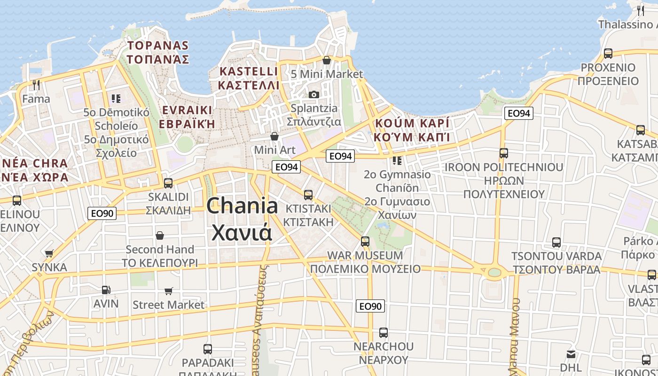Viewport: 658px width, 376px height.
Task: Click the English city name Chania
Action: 242,206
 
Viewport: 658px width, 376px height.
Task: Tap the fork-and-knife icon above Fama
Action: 36,85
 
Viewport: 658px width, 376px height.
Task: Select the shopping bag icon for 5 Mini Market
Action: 327,60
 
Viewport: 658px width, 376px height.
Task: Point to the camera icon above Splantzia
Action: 314,94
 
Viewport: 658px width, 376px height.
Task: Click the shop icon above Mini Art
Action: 274,136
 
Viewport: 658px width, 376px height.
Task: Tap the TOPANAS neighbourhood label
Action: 158,46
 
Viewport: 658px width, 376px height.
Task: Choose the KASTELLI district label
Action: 249,71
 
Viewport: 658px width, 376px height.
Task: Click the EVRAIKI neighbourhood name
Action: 187,110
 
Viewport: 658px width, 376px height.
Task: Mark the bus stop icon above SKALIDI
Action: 168,183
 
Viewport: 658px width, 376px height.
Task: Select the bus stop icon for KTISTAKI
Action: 308,195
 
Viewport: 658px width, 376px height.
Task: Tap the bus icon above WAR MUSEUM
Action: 365,242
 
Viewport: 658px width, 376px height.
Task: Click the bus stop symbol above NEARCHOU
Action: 384,333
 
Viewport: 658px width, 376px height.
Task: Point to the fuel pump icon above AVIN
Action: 106,290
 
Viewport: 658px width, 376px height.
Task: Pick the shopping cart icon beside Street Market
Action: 169,291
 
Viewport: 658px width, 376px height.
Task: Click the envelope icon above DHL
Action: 571,354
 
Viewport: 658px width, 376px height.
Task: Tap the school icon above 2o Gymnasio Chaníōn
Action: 397,161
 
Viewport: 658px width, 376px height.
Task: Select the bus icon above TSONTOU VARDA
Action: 556,243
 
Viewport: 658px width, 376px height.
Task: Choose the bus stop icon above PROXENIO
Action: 608,54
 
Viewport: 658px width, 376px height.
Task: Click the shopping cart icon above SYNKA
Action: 49,254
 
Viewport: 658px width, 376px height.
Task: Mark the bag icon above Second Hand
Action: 160,235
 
